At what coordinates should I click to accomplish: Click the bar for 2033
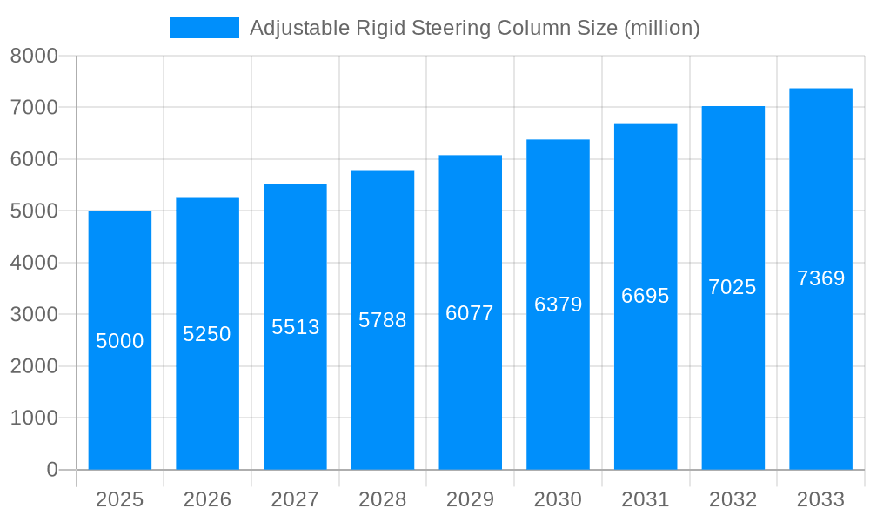[x=820, y=374]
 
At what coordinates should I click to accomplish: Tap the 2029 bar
[x=470, y=391]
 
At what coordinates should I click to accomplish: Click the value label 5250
[x=207, y=334]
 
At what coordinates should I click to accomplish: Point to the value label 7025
[x=733, y=287]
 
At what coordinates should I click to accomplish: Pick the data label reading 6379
[x=558, y=304]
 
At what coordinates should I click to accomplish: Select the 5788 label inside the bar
[x=383, y=320]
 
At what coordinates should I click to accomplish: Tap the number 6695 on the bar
[x=646, y=296]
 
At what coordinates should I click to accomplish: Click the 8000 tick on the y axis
[x=34, y=56]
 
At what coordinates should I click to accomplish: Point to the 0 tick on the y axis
[x=51, y=470]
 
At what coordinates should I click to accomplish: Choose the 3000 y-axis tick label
[x=34, y=314]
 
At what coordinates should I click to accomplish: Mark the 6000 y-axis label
[x=34, y=159]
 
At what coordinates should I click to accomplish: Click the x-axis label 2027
[x=295, y=499]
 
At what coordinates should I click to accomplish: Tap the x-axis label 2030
[x=558, y=499]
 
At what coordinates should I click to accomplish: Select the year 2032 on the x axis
[x=733, y=499]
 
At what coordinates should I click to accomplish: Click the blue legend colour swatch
[x=204, y=28]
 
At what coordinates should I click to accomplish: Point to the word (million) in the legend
[x=661, y=28]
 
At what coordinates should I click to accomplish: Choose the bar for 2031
[x=646, y=391]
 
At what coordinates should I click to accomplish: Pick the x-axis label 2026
[x=207, y=499]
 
